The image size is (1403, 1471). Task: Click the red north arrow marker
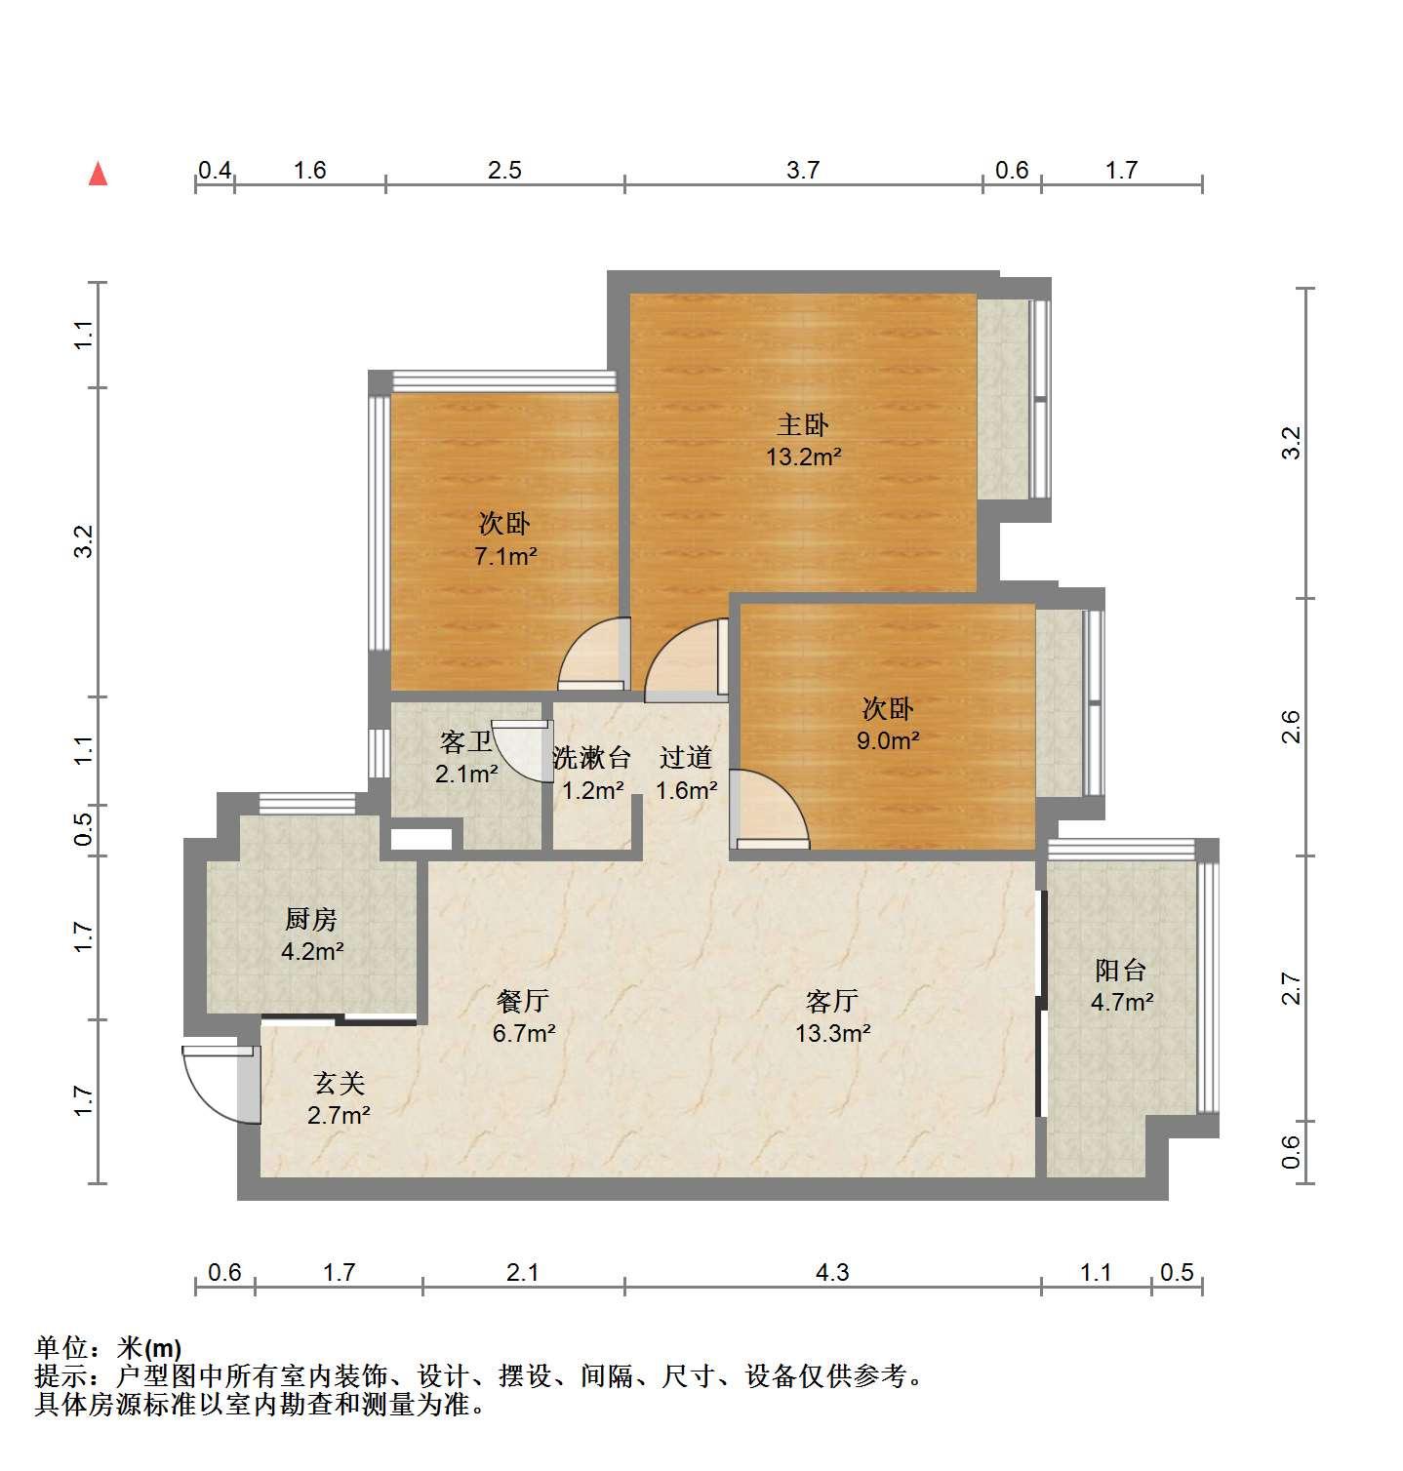(x=98, y=174)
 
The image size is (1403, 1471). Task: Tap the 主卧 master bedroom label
(x=803, y=424)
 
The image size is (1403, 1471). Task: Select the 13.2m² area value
(x=803, y=457)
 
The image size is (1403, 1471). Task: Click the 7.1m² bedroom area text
(x=505, y=557)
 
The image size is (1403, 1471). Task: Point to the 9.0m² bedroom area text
(x=888, y=740)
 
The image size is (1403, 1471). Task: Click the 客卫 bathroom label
(x=466, y=743)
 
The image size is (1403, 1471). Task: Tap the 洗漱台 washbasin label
(x=591, y=758)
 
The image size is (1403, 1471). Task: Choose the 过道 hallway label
(x=686, y=758)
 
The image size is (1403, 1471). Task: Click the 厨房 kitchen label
(x=311, y=919)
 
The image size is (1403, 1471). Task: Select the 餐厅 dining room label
(x=523, y=1001)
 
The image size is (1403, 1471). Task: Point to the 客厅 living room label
(x=832, y=1001)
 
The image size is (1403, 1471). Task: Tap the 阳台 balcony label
(x=1121, y=971)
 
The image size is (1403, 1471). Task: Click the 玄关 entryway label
(x=339, y=1083)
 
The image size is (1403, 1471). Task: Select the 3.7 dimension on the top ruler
(x=803, y=171)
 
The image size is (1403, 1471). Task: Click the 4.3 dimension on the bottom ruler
(x=832, y=1272)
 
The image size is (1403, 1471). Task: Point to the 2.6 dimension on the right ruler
(x=1291, y=728)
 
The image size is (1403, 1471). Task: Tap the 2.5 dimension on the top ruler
(x=504, y=171)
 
